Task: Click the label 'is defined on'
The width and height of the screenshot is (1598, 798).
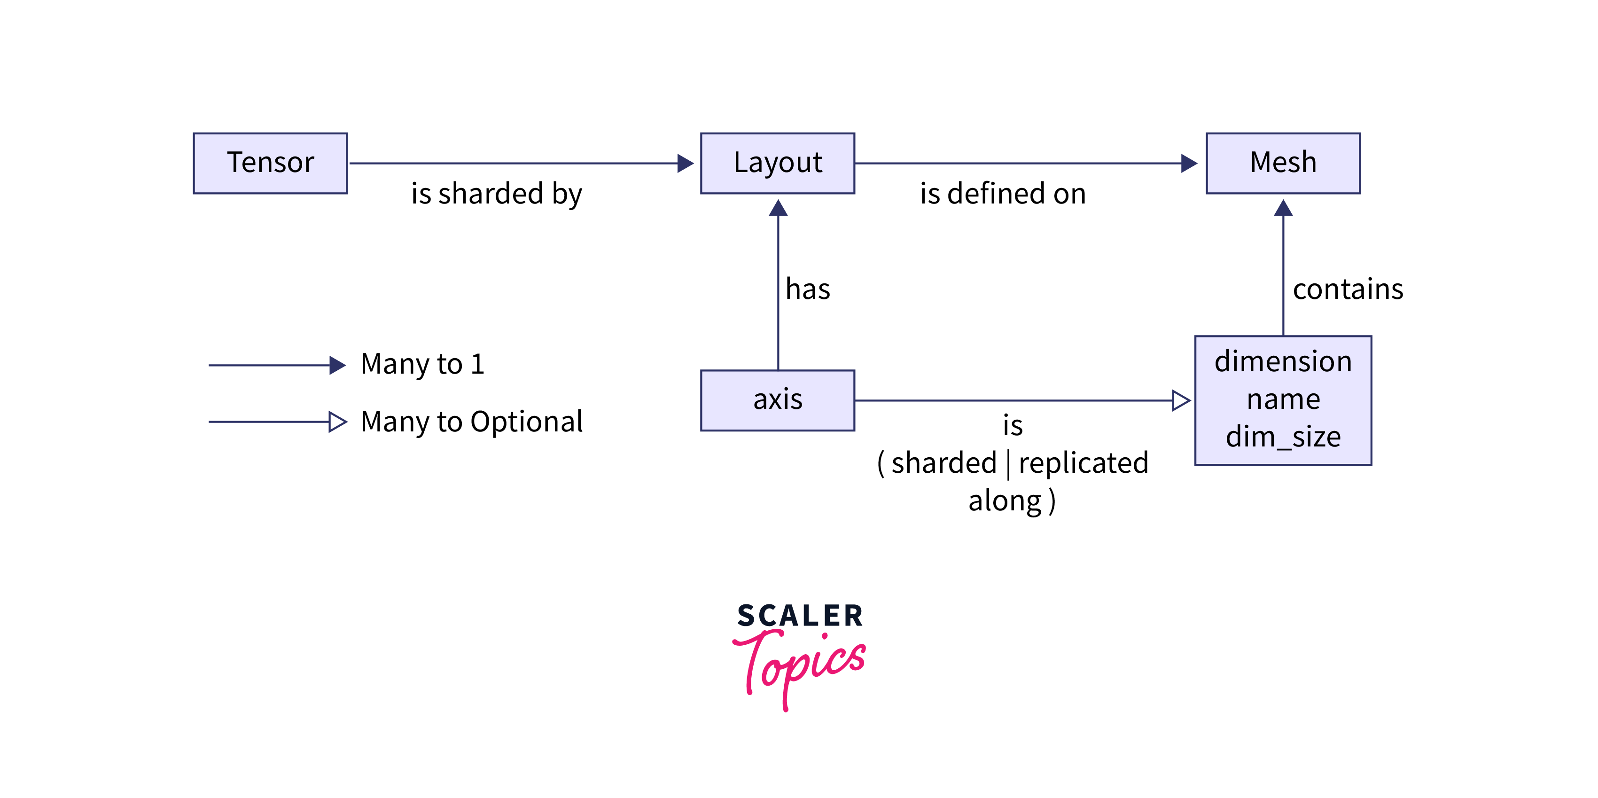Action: (1003, 194)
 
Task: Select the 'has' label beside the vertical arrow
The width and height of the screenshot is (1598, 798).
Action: (808, 289)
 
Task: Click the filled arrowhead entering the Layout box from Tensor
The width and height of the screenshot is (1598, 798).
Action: (686, 163)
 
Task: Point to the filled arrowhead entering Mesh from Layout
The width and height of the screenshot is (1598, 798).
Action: (1189, 163)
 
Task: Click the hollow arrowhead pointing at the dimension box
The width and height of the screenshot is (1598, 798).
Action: (1181, 400)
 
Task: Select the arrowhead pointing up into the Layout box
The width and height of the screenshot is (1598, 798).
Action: (778, 208)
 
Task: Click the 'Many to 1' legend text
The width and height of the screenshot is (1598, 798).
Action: (422, 364)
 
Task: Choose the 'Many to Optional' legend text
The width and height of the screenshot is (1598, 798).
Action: (471, 422)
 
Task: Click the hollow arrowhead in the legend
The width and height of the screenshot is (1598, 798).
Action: (337, 422)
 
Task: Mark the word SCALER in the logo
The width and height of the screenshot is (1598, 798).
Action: (800, 616)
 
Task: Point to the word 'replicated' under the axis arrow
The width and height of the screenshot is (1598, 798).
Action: (1083, 463)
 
